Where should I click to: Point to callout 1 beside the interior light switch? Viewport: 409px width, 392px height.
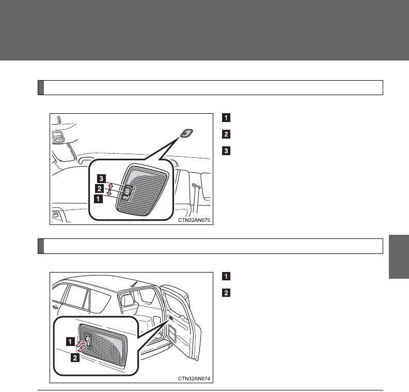coord(97,197)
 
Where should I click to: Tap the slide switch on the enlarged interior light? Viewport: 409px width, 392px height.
coord(125,192)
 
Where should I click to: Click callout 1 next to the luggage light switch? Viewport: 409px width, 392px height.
coord(69,341)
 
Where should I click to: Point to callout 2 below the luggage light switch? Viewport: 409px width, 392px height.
coord(75,358)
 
